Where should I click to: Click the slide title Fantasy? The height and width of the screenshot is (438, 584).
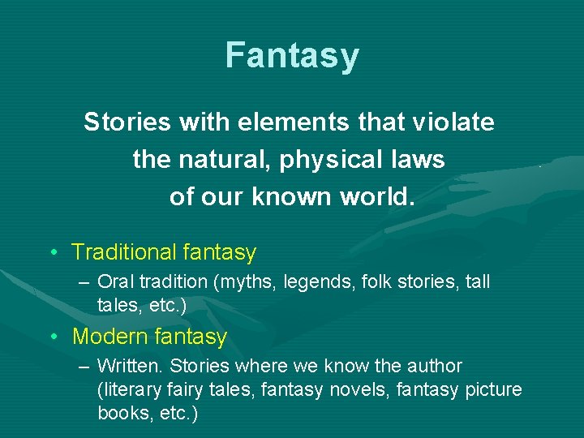click(292, 56)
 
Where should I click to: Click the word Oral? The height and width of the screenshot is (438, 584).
click(114, 282)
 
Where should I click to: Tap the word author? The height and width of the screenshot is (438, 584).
click(435, 366)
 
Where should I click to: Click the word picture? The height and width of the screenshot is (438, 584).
click(493, 390)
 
